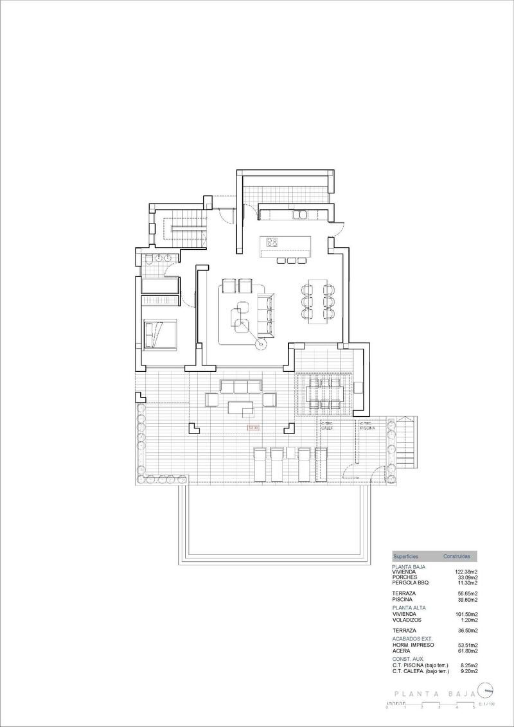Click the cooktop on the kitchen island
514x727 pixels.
tap(272, 242)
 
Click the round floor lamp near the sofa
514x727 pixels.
tap(261, 344)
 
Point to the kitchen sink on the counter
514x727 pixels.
tap(301, 215)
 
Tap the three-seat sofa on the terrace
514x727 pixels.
tap(241, 386)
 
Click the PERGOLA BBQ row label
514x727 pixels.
tap(410, 582)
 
